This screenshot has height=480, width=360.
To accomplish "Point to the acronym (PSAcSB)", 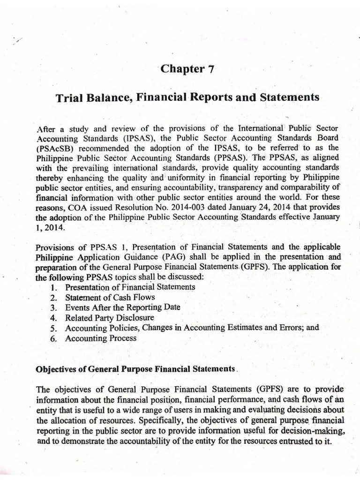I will (54, 147).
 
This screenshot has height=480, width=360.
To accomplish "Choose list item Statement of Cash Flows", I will (110, 298).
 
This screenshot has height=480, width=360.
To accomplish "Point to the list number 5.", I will (53, 328).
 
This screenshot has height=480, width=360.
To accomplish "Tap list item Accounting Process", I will (101, 338).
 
